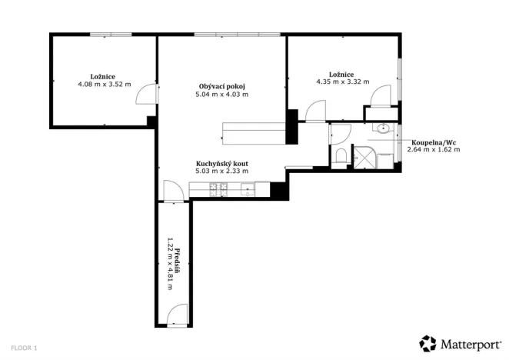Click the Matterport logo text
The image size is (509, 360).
(471, 343)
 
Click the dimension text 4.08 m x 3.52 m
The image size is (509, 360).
(105, 85)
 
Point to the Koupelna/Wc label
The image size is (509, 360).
(436, 142)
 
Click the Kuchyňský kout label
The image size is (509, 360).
(221, 163)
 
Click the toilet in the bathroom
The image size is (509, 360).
(341, 157)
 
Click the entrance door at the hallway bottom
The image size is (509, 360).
(177, 313)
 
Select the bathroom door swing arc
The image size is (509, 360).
(341, 133)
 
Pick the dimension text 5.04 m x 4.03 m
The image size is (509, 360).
(223, 95)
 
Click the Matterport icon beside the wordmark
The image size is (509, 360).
(427, 343)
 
